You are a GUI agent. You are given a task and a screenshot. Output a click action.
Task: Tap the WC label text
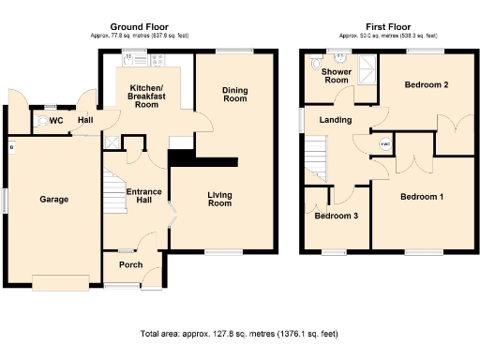(56, 120)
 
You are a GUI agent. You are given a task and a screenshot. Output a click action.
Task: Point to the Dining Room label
(234, 94)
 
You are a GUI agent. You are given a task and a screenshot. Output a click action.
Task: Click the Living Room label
(219, 198)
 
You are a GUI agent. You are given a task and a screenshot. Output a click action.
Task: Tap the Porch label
(130, 264)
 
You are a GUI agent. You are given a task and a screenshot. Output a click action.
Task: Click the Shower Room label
(336, 76)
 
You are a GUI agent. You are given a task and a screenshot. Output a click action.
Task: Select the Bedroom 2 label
(426, 85)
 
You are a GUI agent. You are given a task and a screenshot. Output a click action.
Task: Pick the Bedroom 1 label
(422, 197)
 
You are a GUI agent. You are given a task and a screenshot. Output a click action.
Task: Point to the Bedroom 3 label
(336, 216)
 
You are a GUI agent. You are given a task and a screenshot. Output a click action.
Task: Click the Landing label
(335, 120)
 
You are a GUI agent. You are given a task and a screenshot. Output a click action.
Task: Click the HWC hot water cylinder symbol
(385, 143)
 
